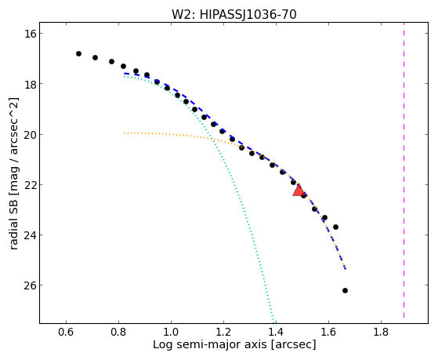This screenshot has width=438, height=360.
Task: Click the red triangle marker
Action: click(x=299, y=191)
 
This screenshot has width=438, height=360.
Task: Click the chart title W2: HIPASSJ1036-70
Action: click(x=233, y=15)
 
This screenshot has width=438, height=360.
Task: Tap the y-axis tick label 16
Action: click(x=29, y=34)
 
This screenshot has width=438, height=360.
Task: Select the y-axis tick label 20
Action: click(x=29, y=135)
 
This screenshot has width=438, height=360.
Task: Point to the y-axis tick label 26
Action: click(x=29, y=285)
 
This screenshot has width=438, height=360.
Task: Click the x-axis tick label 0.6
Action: click(x=66, y=332)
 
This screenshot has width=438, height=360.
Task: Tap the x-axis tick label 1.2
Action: click(x=223, y=332)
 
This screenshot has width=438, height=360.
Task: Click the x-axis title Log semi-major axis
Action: click(x=210, y=344)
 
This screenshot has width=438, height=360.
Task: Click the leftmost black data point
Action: click(x=79, y=53)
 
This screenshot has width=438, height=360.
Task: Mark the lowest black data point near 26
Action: click(x=345, y=291)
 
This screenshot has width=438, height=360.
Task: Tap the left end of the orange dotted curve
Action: click(x=125, y=133)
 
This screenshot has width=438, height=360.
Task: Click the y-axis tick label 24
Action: click(x=29, y=235)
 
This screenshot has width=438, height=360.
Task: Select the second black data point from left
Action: click(x=96, y=57)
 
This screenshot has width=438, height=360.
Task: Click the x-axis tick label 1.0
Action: click(x=171, y=332)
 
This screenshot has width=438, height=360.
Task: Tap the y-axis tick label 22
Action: click(x=29, y=185)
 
